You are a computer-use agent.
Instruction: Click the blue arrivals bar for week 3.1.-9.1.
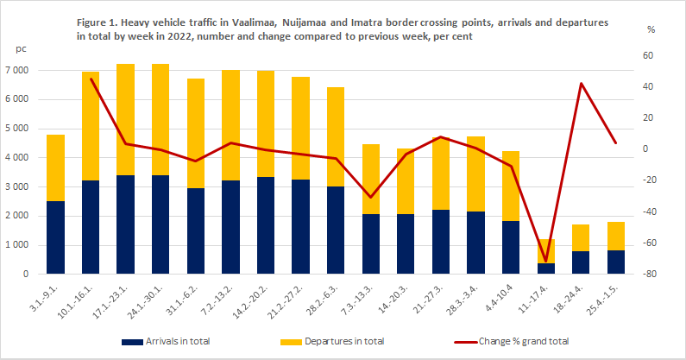tap(55, 237)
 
